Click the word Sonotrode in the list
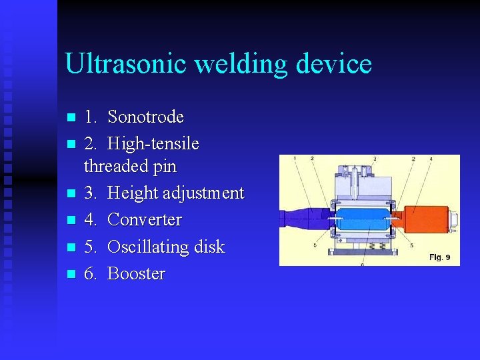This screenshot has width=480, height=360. [x=145, y=117]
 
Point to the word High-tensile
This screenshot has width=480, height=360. [x=153, y=144]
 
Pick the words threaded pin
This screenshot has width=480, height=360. [x=130, y=166]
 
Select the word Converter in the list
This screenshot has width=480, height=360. [x=145, y=220]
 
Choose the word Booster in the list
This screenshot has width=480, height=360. [x=136, y=274]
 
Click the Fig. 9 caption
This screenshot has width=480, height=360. [x=439, y=257]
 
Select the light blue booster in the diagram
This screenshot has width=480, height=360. [x=363, y=219]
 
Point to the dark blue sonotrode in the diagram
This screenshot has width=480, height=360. [x=303, y=219]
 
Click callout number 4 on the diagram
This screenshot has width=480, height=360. [x=431, y=159]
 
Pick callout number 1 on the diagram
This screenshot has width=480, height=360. [x=295, y=159]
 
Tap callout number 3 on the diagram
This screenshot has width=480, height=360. [x=375, y=159]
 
